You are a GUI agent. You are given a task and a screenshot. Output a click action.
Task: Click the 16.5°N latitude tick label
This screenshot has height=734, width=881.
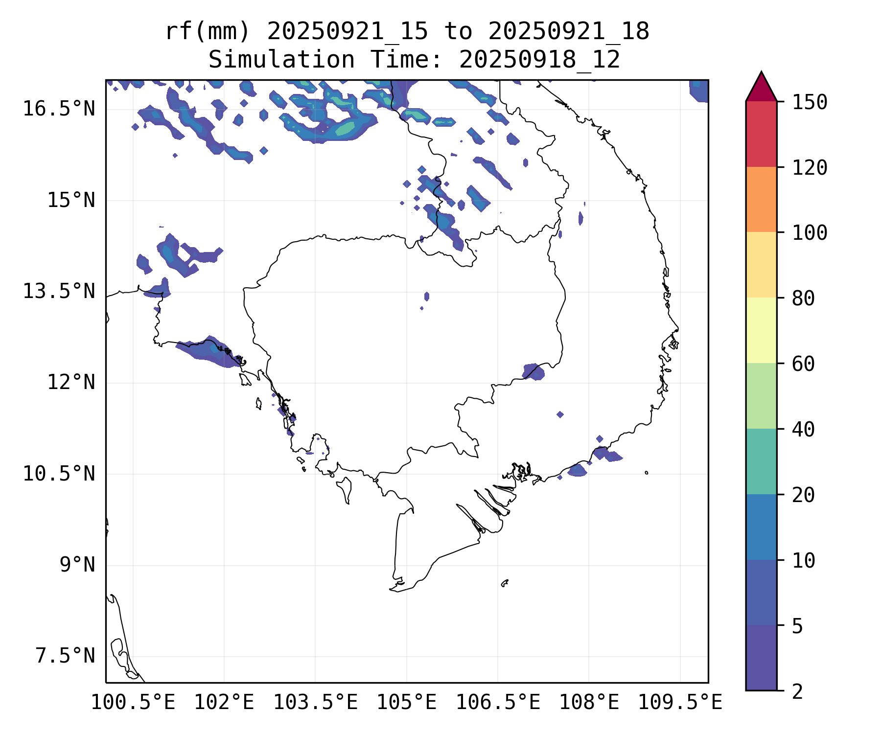click(x=59, y=109)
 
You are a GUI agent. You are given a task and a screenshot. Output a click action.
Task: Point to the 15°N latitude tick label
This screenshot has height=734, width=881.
click(x=71, y=201)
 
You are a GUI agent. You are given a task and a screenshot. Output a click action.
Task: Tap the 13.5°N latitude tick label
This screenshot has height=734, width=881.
click(x=59, y=292)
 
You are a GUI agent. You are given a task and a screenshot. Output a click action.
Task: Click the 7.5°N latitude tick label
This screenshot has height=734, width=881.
click(x=65, y=656)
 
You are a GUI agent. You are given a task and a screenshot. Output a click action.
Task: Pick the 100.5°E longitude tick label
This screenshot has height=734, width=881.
click(x=133, y=703)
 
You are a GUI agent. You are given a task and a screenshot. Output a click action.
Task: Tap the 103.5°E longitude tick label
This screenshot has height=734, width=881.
click(x=315, y=703)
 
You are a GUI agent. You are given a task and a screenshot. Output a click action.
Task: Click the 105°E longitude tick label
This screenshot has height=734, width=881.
click(x=406, y=703)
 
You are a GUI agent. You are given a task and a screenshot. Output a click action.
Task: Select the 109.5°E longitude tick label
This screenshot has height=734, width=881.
click(x=680, y=703)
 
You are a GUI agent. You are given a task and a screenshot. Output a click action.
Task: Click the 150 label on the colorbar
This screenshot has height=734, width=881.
click(x=810, y=103)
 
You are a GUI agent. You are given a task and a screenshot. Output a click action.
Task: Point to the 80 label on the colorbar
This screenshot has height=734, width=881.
click(x=803, y=298)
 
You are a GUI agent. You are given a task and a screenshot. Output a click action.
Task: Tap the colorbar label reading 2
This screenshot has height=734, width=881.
click(x=797, y=692)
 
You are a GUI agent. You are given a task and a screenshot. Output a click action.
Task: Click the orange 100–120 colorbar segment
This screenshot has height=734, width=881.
click(x=761, y=199)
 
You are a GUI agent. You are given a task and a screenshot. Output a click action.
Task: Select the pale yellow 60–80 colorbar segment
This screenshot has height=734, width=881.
click(x=761, y=330)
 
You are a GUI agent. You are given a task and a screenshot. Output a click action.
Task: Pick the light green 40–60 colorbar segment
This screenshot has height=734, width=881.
click(x=761, y=396)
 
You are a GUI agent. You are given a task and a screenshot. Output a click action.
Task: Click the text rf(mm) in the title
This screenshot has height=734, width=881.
click(x=208, y=32)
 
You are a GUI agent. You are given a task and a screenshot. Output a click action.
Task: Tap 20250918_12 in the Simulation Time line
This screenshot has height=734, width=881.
click(x=539, y=60)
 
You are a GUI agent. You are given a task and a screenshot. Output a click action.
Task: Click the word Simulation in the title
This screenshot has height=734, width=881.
click(x=281, y=60)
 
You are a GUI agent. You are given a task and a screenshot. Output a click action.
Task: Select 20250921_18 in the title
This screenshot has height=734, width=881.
click(x=569, y=32)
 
